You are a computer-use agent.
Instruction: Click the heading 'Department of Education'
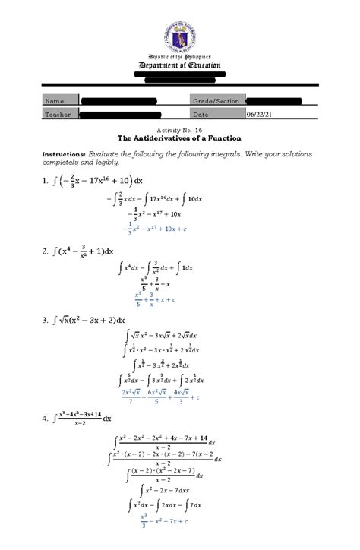tap(179, 65)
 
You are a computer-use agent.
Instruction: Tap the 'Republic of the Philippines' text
tap(179, 56)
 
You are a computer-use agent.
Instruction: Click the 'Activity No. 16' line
tap(179, 131)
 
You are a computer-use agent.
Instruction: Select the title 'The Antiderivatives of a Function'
tap(179, 139)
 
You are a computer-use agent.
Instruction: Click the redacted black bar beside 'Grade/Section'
tap(273, 101)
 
